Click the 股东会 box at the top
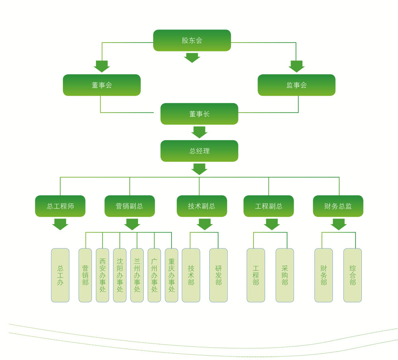192,40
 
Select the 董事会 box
101,85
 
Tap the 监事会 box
297,85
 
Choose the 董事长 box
199,114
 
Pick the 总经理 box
199,151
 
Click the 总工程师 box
60,206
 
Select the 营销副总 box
129,206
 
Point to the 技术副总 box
202,206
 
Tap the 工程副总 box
269,206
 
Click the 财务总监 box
338,206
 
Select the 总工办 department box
60,275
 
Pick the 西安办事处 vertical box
102,275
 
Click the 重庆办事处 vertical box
172,275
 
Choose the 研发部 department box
219,275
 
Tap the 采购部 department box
285,275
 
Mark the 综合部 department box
353,275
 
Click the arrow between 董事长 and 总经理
199,132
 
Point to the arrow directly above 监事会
297,66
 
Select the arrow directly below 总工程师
60,224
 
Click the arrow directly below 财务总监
338,224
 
